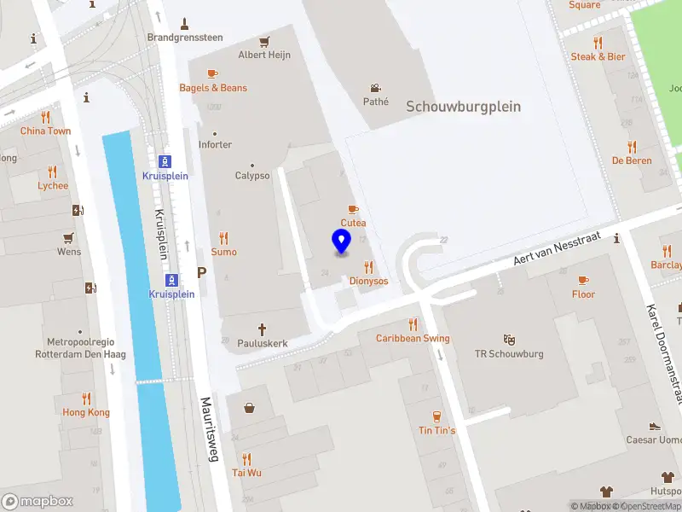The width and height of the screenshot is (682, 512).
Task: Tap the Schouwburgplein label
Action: point(463,107)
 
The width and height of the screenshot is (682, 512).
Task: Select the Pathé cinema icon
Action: point(375,88)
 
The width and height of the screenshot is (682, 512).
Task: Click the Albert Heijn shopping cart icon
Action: point(264,41)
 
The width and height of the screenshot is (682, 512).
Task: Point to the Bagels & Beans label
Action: point(213,88)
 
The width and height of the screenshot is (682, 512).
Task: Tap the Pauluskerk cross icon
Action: point(263,329)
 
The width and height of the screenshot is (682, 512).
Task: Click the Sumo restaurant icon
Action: point(224,238)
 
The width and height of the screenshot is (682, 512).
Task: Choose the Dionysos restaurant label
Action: point(368,281)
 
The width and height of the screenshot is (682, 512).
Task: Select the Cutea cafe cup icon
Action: point(353,210)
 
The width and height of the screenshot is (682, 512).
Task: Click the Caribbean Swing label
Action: point(413,338)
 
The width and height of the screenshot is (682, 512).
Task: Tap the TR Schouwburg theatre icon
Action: point(509,340)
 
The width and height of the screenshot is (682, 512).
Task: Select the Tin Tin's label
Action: point(436,430)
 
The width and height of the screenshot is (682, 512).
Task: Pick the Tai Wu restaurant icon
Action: point(246,458)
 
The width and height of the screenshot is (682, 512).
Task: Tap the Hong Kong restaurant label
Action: point(86,412)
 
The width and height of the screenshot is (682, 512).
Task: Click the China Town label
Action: point(46,131)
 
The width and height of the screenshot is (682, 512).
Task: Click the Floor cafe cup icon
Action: point(583,280)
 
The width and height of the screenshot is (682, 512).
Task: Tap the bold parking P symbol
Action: point(202,273)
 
